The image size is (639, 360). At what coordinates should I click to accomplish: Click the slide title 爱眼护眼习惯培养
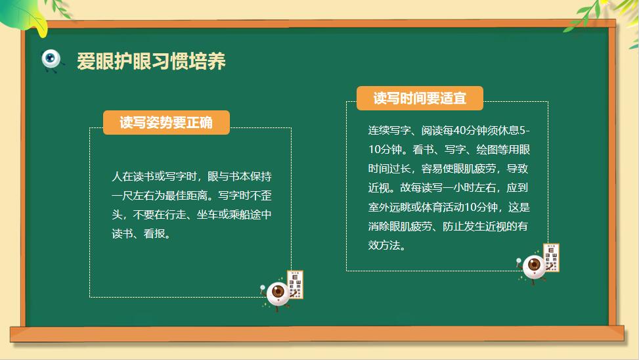click(151, 61)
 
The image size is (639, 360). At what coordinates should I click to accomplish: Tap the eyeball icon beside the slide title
click(51, 60)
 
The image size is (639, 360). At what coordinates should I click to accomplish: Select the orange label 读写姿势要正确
click(166, 122)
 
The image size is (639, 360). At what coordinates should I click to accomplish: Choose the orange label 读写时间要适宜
click(420, 99)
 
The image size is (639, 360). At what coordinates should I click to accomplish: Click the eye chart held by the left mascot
click(296, 284)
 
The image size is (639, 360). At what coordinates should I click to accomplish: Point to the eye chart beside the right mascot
click(552, 258)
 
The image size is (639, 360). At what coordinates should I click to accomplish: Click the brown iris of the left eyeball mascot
click(278, 291)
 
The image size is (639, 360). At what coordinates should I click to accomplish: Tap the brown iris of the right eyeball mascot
click(535, 265)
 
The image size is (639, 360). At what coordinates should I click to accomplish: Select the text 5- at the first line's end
click(525, 131)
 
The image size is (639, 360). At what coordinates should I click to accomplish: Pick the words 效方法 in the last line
click(384, 246)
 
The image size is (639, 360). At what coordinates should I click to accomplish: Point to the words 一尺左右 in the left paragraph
click(133, 196)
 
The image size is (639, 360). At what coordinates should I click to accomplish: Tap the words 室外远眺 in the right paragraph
click(389, 207)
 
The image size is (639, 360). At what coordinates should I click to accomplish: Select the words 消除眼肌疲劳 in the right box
click(400, 226)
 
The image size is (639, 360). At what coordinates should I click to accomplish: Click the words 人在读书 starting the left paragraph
click(133, 177)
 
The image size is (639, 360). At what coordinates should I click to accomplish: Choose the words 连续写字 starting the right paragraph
click(389, 131)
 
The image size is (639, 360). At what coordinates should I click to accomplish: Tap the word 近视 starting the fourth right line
click(378, 188)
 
